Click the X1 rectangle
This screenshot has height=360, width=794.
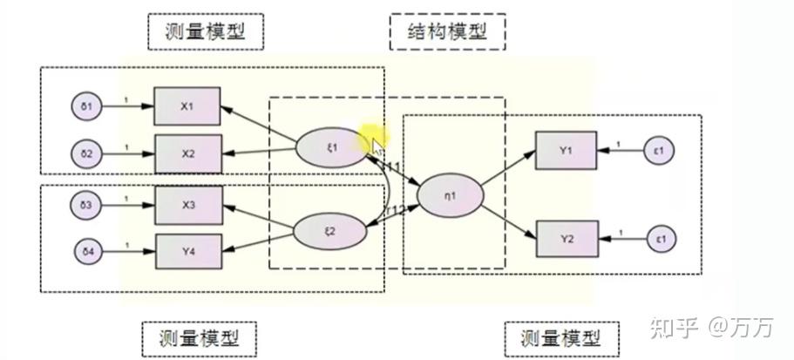click(187, 106)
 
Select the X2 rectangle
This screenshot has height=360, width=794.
click(187, 153)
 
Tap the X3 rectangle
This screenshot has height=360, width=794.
click(187, 205)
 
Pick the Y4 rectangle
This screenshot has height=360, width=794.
click(187, 251)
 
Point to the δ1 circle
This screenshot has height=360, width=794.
click(87, 107)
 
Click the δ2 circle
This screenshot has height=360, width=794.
click(87, 154)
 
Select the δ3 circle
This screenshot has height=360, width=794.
click(87, 206)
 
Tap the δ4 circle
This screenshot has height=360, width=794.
click(87, 254)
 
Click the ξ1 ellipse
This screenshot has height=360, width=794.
click(329, 146)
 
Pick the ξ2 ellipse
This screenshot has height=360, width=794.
click(329, 230)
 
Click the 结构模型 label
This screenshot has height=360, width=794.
click(446, 32)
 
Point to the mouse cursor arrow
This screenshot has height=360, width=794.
click(377, 146)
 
